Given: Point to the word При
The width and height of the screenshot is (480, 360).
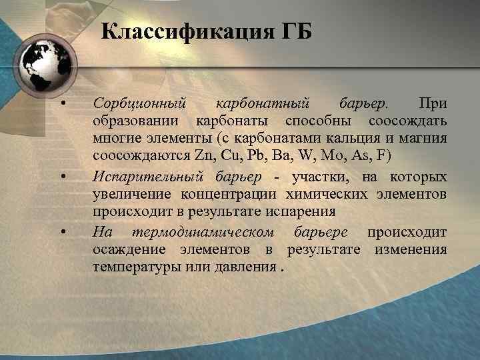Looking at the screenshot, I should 432,104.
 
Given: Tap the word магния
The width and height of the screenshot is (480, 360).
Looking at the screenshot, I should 425,140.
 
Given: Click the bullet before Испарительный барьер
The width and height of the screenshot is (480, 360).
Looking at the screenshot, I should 61,177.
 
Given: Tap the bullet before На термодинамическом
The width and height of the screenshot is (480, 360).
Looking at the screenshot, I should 61,231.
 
